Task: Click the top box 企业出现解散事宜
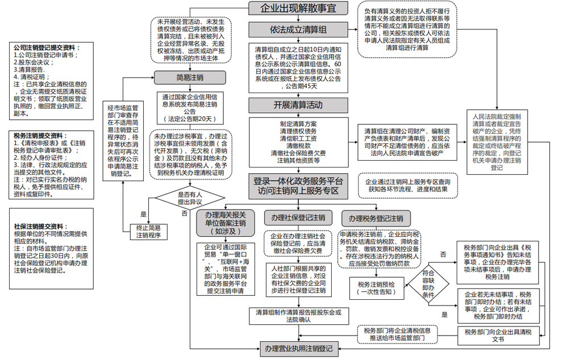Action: pyautogui.click(x=298, y=9)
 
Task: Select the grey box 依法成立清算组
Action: pyautogui.click(x=298, y=30)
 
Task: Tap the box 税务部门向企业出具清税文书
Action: pyautogui.click(x=498, y=336)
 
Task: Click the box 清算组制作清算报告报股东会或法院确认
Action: pyautogui.click(x=298, y=316)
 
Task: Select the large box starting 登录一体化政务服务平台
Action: pyautogui.click(x=298, y=186)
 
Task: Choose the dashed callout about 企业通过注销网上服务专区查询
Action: pyautogui.click(x=403, y=185)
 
